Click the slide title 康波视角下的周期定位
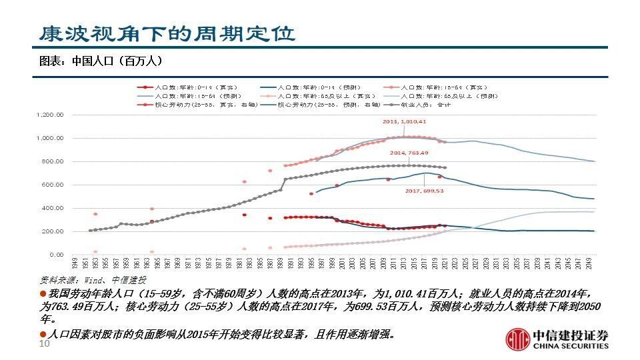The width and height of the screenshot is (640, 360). tap(166, 33)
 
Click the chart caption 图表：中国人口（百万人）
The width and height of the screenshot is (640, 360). tap(101, 61)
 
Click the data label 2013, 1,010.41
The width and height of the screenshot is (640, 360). tap(404, 122)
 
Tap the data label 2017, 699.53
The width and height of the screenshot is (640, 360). tap(425, 191)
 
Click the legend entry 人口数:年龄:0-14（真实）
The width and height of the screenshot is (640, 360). tap(193, 87)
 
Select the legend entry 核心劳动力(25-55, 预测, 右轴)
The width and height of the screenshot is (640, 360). tap(327, 105)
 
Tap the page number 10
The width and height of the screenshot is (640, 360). tap(45, 343)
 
